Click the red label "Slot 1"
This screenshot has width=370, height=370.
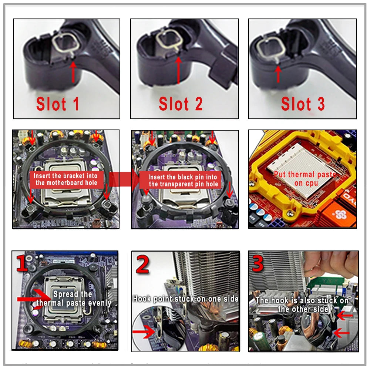click(58, 104)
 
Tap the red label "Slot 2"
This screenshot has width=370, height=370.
click(181, 104)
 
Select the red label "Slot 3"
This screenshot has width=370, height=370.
click(303, 104)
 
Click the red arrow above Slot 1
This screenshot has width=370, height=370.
click(73, 72)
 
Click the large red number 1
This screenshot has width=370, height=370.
click(22, 263)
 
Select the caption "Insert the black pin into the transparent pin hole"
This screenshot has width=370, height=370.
click(183, 181)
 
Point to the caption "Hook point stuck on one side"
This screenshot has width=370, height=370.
click(186, 299)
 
